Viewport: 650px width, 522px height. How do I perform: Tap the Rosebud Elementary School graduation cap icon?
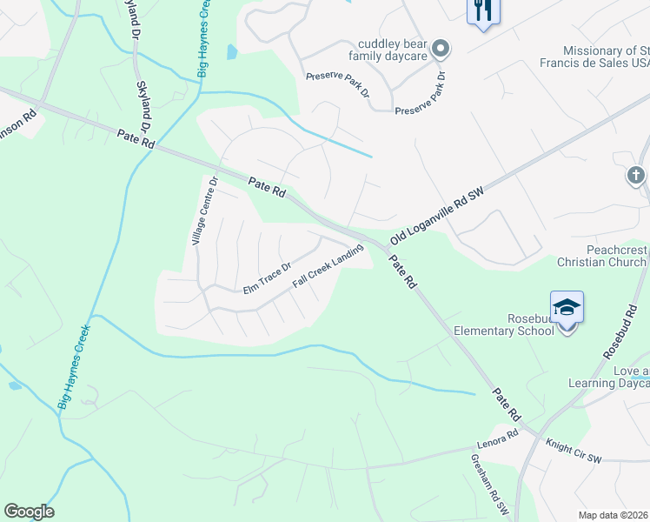[x=567, y=308]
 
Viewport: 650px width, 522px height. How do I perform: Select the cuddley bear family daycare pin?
[x=441, y=49]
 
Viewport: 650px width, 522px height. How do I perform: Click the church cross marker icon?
[x=636, y=176]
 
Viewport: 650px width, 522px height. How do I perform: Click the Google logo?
[x=29, y=512]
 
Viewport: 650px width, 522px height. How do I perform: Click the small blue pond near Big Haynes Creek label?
[x=232, y=52]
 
